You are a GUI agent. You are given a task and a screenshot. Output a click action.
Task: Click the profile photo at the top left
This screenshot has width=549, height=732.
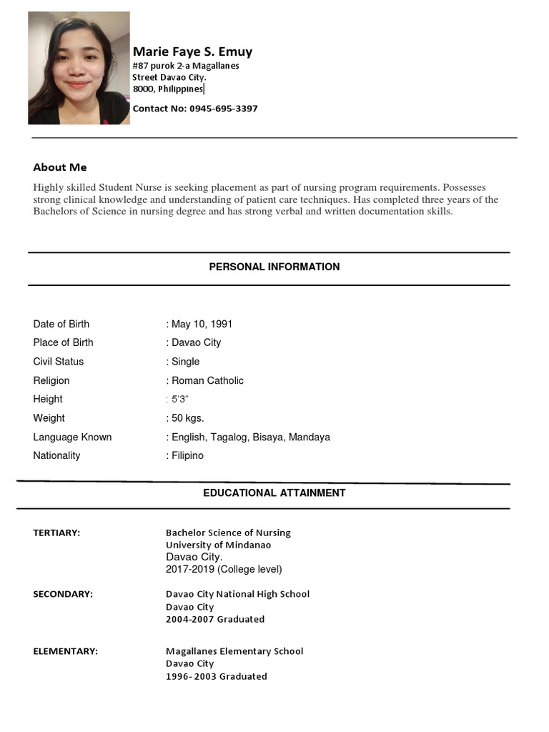coord(79,68)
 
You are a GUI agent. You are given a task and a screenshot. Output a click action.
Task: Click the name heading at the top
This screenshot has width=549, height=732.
coord(192,51)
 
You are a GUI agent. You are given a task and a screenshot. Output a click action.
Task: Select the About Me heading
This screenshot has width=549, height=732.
coord(60,167)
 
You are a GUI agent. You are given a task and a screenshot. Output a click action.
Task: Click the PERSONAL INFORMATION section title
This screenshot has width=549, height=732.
coord(274,267)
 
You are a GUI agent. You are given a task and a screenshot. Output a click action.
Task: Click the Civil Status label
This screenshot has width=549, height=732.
coord(58,362)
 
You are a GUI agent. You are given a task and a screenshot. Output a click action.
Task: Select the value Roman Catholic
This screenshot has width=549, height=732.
coord(207,380)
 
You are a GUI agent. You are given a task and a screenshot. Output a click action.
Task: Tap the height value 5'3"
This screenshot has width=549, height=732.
coord(179,399)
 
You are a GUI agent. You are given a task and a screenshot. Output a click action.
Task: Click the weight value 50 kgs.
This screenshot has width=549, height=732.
coord(188,417)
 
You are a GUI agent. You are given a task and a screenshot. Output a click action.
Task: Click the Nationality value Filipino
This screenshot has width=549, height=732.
coord(187,455)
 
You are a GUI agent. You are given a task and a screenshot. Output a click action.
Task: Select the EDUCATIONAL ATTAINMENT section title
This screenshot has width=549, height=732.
coord(274,493)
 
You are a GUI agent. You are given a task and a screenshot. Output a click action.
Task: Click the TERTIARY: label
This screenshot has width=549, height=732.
coord(56,533)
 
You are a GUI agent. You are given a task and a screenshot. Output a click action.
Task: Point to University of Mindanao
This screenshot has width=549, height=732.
coord(218,545)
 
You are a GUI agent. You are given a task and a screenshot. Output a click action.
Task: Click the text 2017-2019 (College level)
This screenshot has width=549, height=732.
coord(224,569)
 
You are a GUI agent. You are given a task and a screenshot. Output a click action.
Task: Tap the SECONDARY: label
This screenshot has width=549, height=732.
coord(63,594)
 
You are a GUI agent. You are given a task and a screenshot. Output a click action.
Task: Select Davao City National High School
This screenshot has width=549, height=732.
coord(237,594)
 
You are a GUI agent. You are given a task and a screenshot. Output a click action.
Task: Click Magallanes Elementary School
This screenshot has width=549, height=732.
coord(234,651)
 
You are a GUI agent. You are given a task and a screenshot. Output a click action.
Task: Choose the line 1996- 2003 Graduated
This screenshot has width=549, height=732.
coord(216,676)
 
